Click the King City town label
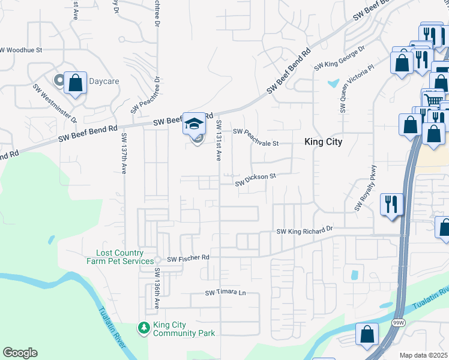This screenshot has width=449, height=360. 324,142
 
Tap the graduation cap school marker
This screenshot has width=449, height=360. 194,124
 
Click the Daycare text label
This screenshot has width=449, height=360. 104,81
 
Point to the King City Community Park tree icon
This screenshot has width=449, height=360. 144,328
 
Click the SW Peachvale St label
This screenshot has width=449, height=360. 256,137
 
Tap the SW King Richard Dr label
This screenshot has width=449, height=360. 304,230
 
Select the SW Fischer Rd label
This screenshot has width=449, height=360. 188,259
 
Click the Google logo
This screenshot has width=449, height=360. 20,353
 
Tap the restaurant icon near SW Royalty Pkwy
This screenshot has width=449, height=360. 391,204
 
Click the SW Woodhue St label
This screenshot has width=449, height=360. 22,50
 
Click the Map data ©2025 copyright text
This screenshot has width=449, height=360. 423,355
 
